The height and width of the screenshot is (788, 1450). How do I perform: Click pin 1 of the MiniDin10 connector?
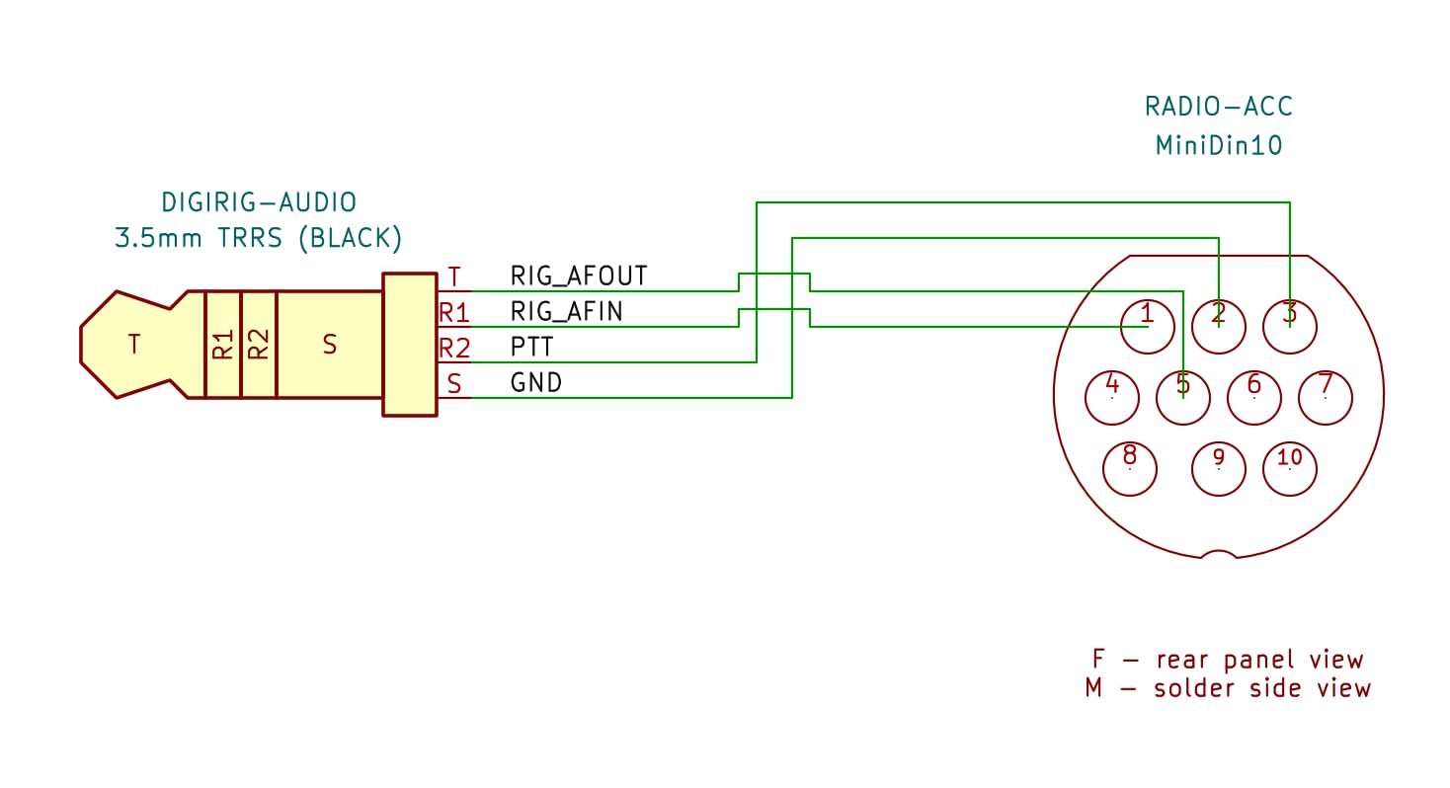[1147, 327]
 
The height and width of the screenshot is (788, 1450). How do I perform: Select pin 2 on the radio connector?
[1218, 327]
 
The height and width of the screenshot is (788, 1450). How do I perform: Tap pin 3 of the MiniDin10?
[1289, 327]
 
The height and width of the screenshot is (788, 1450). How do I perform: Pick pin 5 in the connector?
[1182, 398]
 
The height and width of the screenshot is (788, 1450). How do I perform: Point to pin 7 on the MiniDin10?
[1326, 398]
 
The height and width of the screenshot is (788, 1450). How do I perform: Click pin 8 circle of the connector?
[1130, 469]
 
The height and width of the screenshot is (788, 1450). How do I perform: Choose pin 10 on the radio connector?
[1289, 469]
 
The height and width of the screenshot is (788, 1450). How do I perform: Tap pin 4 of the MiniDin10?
[1111, 398]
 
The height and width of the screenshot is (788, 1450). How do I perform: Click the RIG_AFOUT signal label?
[579, 276]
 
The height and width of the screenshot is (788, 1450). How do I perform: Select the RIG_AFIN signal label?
[566, 312]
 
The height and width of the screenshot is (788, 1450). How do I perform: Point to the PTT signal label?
[531, 348]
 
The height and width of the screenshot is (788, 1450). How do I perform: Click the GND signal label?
[536, 383]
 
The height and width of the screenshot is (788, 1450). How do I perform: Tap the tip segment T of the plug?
[133, 345]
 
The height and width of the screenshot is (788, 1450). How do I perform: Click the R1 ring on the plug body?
[222, 345]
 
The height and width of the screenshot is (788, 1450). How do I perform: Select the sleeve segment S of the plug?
[330, 345]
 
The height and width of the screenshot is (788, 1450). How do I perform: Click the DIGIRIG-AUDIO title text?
[259, 202]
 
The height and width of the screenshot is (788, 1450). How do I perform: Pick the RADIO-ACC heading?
[1219, 107]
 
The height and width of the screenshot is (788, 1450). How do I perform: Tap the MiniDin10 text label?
[1219, 145]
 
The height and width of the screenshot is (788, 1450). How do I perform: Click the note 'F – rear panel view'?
[1228, 660]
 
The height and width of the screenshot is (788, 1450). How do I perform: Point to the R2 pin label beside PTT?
[454, 349]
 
